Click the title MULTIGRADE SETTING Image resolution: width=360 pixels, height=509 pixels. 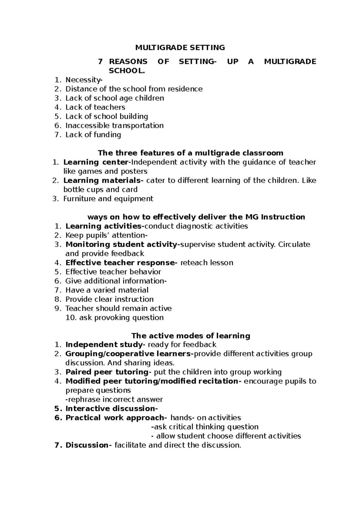click(180, 47)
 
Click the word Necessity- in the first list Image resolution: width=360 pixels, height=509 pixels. click(84, 80)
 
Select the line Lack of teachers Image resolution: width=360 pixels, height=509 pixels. click(95, 107)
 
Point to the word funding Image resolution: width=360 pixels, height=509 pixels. click(107, 135)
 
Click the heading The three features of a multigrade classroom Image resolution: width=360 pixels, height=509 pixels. click(190, 153)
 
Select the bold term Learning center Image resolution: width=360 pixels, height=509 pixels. click(96, 162)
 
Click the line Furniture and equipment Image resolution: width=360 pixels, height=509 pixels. click(108, 199)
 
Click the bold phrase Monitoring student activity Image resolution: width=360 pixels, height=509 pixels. click(121, 245)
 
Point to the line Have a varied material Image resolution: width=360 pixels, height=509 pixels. click(107, 290)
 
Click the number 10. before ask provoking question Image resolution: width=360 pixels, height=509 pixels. click(71, 318)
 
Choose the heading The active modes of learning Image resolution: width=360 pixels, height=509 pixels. click(190, 336)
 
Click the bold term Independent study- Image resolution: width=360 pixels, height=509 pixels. click(105, 345)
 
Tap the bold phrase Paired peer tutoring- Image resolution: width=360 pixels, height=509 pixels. click(108, 372)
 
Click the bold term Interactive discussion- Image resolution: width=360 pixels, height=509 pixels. click(111, 409)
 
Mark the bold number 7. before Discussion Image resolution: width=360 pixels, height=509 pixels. click(58, 445)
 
